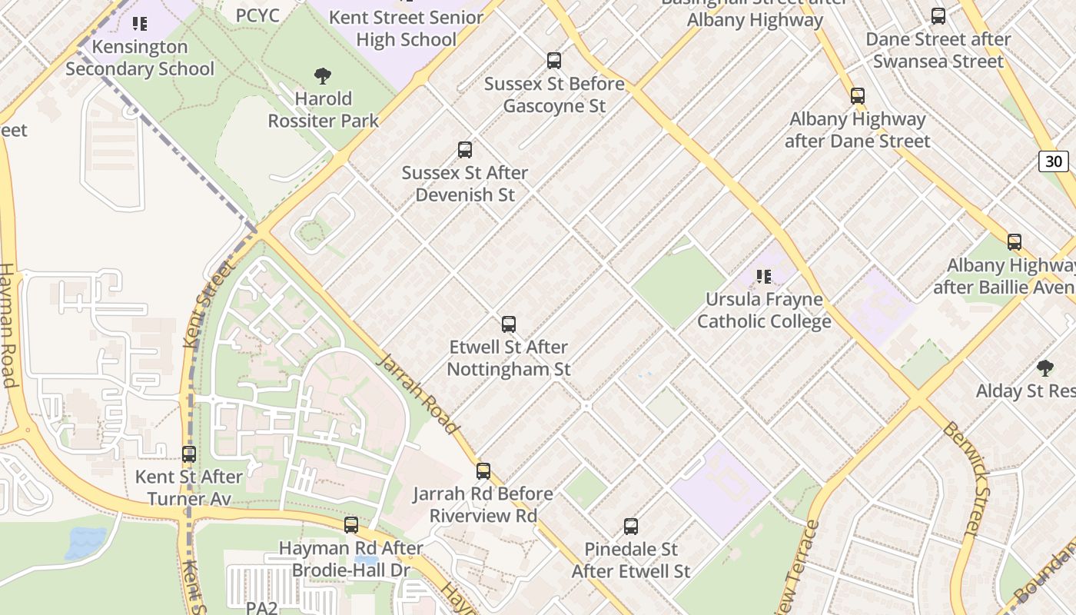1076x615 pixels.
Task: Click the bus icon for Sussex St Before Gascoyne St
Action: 553,60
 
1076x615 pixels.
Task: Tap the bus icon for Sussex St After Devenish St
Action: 464,149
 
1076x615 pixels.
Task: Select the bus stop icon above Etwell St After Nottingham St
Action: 508,324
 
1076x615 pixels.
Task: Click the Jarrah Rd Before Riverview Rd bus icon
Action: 483,470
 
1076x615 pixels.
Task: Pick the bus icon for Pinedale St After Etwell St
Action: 630,526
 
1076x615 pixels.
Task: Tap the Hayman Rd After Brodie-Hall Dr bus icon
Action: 350,524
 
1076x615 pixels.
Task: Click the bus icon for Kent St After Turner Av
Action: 189,454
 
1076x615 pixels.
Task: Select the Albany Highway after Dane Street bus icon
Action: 857,96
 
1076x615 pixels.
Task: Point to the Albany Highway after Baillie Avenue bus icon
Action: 1014,241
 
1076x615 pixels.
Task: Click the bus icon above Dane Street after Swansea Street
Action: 938,15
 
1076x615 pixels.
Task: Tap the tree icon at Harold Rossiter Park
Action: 323,75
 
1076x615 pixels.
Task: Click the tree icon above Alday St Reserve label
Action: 1044,367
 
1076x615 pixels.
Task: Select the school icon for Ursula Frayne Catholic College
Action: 763,276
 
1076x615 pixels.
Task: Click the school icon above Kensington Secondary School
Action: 139,24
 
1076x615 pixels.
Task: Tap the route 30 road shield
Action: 1054,161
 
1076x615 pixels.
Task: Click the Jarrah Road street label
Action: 418,394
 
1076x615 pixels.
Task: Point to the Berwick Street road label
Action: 970,477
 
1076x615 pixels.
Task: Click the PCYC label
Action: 257,15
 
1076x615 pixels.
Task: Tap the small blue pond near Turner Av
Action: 86,542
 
